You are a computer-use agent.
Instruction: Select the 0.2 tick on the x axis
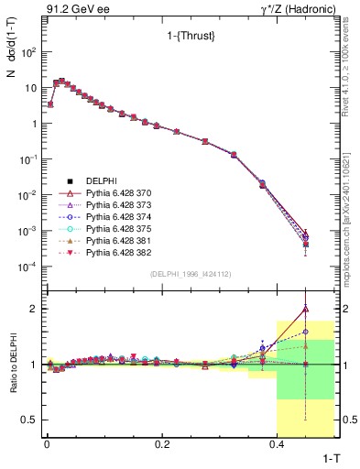point(162,444)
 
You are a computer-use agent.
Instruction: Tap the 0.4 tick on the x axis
point(278,444)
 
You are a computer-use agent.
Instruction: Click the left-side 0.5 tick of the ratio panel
point(32,420)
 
